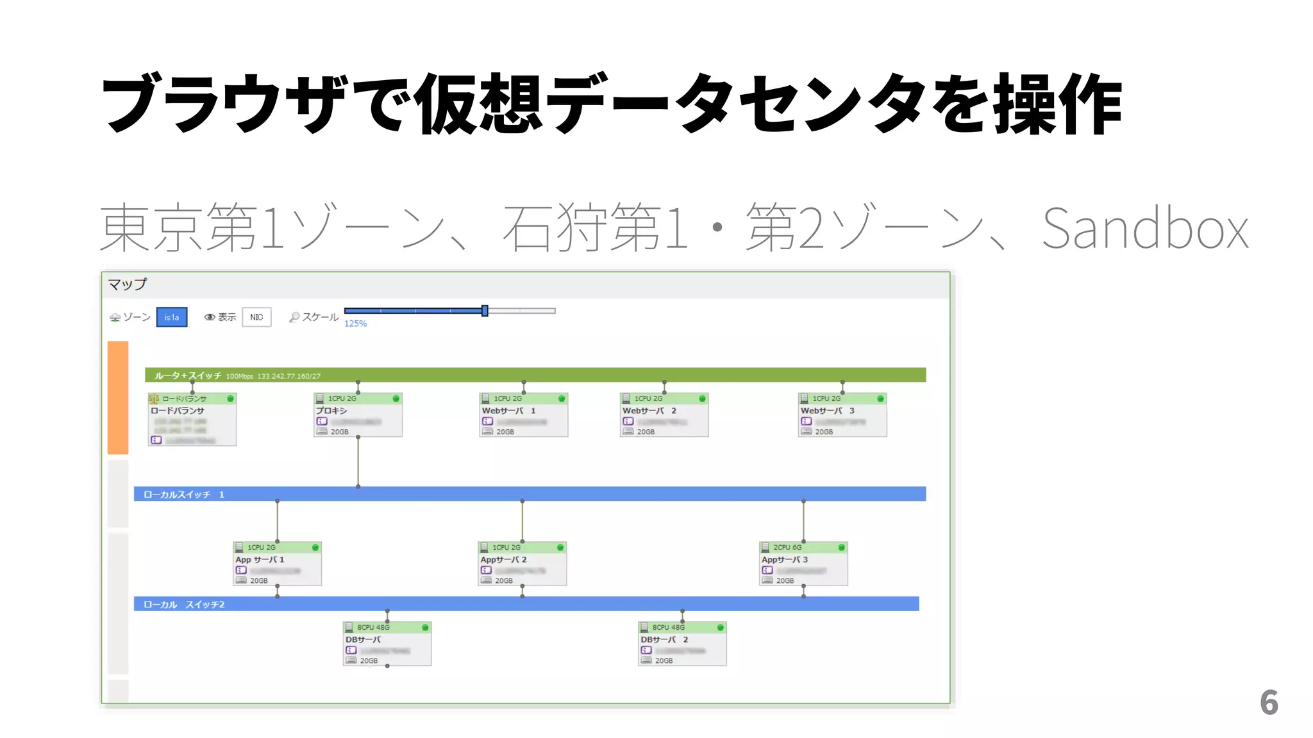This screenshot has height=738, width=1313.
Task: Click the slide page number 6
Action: click(1268, 702)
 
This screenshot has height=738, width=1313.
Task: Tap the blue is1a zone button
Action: click(172, 317)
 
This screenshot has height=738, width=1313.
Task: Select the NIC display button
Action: click(256, 317)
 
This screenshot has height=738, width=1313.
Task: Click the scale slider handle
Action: click(485, 311)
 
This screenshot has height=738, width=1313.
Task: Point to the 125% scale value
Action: click(355, 324)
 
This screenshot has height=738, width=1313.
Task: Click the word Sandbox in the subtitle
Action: click(1145, 229)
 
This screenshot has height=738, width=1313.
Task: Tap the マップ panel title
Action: click(127, 284)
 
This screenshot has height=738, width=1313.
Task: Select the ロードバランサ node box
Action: click(192, 420)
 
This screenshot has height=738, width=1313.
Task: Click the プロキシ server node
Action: click(358, 415)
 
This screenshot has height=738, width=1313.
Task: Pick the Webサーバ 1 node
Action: click(523, 415)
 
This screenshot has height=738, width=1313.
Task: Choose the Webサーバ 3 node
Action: click(842, 415)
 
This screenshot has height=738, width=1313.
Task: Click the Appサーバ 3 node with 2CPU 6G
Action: click(803, 564)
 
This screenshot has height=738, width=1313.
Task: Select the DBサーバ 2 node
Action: click(682, 644)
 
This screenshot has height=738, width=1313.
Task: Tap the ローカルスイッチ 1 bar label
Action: click(183, 495)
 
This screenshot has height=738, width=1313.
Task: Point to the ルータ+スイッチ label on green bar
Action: click(187, 375)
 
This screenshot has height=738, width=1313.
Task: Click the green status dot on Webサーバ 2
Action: click(702, 398)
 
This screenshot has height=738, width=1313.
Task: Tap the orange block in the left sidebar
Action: click(118, 397)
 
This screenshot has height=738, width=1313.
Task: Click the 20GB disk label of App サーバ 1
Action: click(258, 580)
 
